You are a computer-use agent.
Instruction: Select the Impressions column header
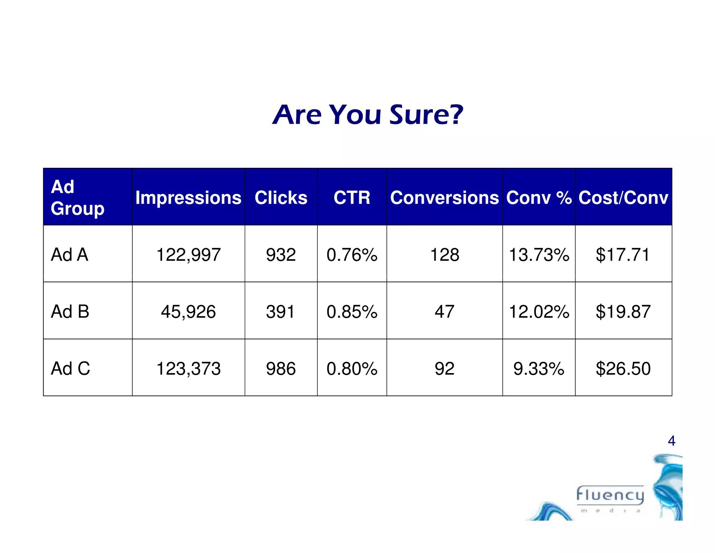(x=188, y=197)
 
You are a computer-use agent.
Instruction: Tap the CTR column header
(x=352, y=197)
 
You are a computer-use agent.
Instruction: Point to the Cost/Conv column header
(x=623, y=197)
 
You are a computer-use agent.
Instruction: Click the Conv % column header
(x=539, y=197)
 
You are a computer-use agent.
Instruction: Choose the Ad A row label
(x=69, y=254)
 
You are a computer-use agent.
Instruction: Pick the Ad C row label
(x=70, y=368)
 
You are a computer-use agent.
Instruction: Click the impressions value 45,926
(x=188, y=311)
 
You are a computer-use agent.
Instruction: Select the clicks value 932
(x=281, y=254)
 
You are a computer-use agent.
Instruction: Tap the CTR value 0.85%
(x=352, y=311)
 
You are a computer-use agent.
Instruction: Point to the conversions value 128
(x=444, y=254)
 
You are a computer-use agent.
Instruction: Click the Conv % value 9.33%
(x=539, y=368)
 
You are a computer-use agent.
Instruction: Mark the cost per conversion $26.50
(x=623, y=368)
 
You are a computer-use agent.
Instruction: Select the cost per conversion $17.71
(x=622, y=254)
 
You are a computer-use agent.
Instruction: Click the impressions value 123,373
(x=188, y=368)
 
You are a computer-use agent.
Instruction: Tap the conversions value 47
(x=444, y=311)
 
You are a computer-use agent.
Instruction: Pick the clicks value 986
(x=281, y=368)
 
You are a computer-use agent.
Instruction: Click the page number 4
(x=671, y=441)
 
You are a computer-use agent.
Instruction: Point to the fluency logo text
(x=610, y=495)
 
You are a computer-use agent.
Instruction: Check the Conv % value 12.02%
(x=539, y=311)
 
